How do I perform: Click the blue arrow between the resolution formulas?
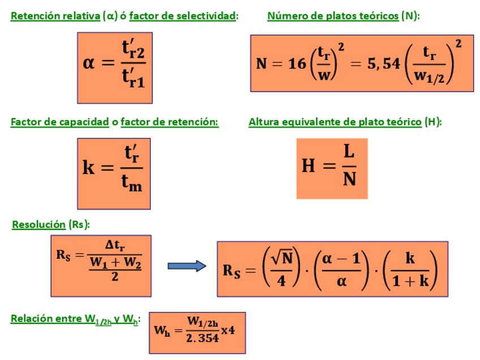pos(187,266)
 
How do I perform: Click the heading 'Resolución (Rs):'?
pos(50,225)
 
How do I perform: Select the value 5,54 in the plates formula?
pos(383,64)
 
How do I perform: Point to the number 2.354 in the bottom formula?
pos(202,338)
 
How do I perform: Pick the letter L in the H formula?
pos(349,152)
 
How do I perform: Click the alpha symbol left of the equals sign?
pos(89,62)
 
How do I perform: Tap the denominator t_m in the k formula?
pos(131,183)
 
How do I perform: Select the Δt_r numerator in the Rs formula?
pos(115,246)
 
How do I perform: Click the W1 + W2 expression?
pos(115,263)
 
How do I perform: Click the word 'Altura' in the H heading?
pos(263,122)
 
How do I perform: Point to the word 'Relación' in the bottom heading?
pos(30,319)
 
